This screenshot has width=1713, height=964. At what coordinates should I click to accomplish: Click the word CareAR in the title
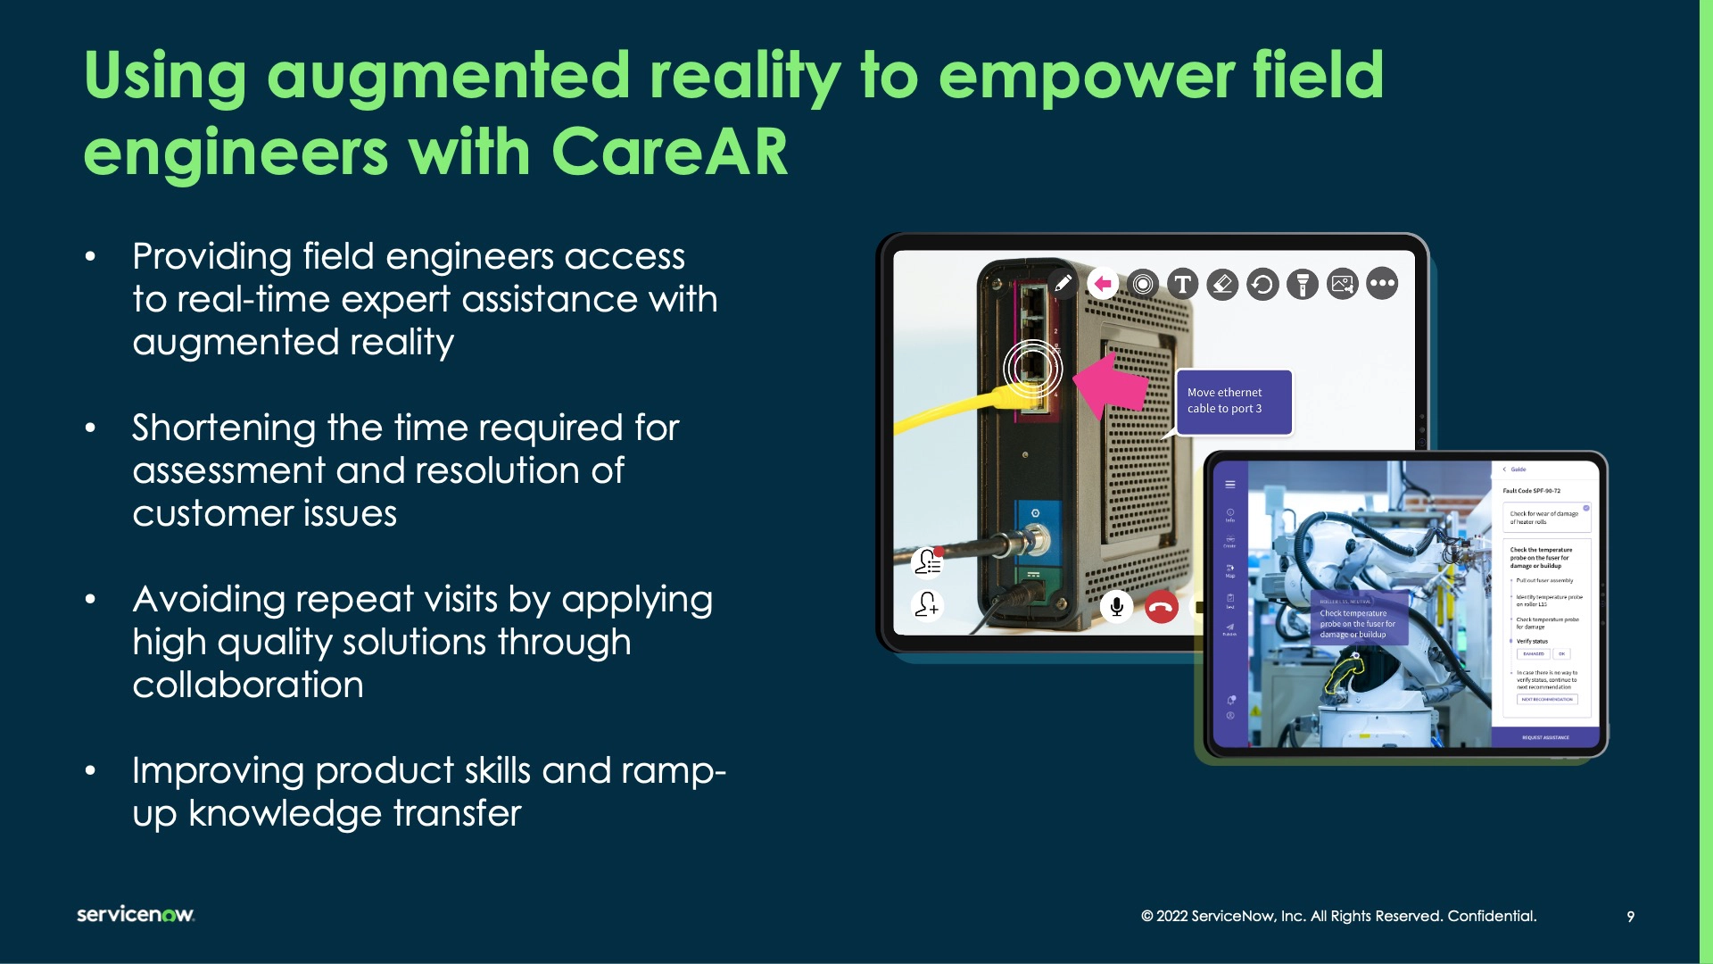(x=669, y=152)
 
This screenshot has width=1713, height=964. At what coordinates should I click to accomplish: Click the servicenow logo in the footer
(x=136, y=914)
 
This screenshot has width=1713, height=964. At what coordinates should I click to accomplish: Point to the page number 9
(x=1630, y=917)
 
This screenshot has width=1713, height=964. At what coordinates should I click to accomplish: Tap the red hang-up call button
(x=1161, y=607)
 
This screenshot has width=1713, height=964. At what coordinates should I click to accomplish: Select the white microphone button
(x=1116, y=607)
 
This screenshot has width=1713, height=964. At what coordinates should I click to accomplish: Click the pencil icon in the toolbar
(x=1063, y=284)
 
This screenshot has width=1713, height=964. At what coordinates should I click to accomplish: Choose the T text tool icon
(x=1182, y=284)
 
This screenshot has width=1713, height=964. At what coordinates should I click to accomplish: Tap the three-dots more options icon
(x=1382, y=284)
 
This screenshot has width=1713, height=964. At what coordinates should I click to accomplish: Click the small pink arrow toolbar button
(x=1103, y=284)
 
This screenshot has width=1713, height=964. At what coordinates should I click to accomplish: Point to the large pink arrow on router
(x=1111, y=384)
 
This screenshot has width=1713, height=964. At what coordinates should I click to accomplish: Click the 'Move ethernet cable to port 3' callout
(x=1234, y=401)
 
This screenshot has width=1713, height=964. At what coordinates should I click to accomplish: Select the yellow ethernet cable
(x=946, y=412)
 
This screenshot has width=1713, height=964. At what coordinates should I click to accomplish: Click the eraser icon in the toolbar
(x=1222, y=284)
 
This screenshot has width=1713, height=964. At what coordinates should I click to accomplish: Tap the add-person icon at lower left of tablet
(x=927, y=605)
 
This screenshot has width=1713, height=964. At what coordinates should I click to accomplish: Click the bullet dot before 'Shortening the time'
(x=90, y=428)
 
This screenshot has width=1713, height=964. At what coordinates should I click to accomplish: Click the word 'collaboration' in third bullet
(x=248, y=685)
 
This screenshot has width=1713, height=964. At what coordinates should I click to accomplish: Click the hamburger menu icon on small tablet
(x=1230, y=485)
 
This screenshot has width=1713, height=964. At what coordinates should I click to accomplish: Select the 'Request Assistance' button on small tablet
(x=1545, y=737)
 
